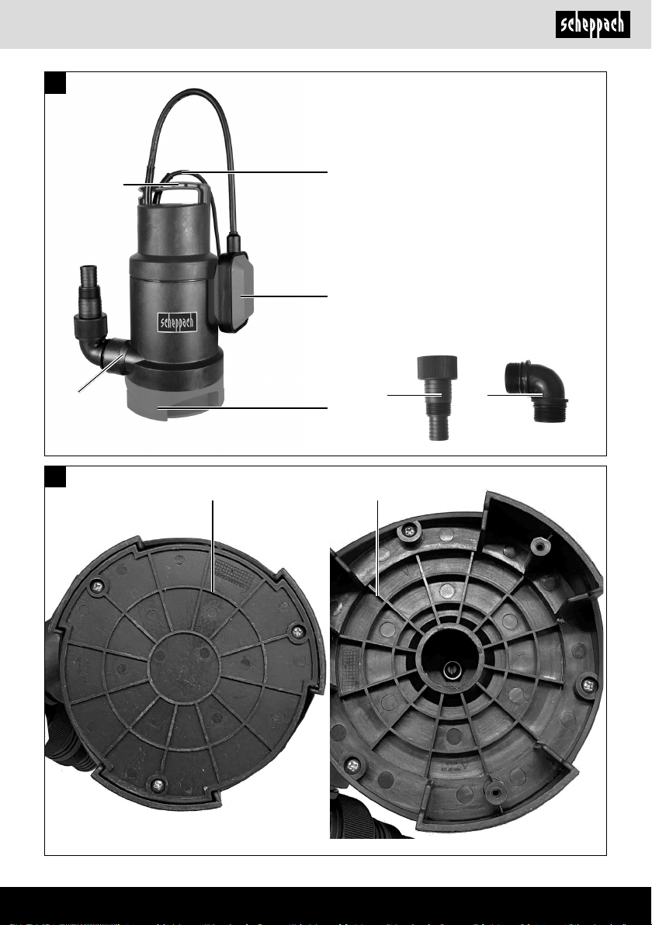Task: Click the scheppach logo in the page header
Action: pyautogui.click(x=592, y=25)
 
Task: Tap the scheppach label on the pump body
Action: pyautogui.click(x=177, y=322)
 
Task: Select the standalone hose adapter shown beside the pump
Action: pyautogui.click(x=437, y=397)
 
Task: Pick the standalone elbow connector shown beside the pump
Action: pyautogui.click(x=536, y=392)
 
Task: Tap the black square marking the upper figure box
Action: pyautogui.click(x=55, y=82)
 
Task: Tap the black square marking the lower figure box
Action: pyautogui.click(x=55, y=476)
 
